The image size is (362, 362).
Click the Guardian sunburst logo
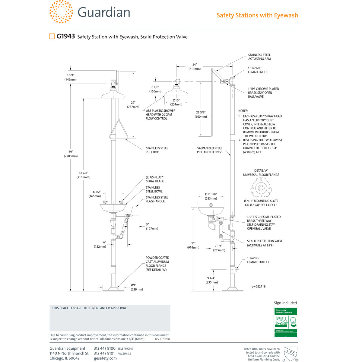point(61,12)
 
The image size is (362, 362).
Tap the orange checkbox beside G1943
point(52,37)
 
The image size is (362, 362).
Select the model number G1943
point(66,37)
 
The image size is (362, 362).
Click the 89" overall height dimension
point(71,154)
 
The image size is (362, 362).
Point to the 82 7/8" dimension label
point(83,175)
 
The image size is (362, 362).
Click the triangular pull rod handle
point(118,130)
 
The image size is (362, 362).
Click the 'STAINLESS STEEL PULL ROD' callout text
point(157,150)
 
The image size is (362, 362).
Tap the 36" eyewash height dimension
point(193,245)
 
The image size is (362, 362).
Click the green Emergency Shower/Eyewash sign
point(285,322)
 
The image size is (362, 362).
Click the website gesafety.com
point(105,358)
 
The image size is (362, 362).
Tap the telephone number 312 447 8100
point(105,348)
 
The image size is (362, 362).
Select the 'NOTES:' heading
point(243,111)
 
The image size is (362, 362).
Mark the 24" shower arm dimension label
point(195,66)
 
